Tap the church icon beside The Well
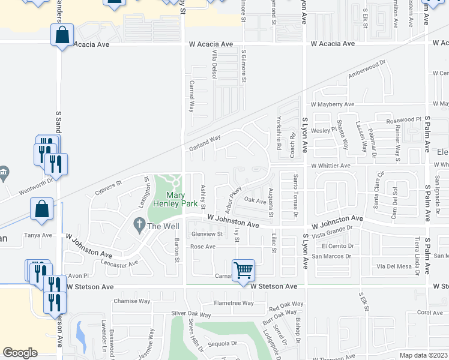(x=139, y=226)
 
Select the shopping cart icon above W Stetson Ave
(x=243, y=270)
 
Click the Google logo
(x=20, y=353)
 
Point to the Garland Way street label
(x=205, y=143)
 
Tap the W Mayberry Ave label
(x=331, y=104)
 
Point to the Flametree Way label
(x=235, y=303)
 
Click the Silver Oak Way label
(x=191, y=314)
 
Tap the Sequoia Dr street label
(x=222, y=344)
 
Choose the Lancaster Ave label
(x=119, y=262)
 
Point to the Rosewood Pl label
(x=398, y=121)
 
